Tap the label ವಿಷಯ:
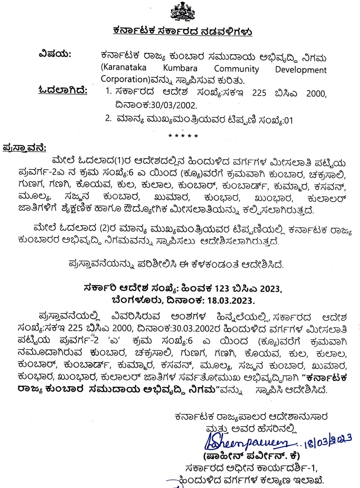(x=55, y=54)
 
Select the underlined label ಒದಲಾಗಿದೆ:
(x=63, y=90)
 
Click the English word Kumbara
(x=180, y=68)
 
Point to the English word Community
(x=236, y=69)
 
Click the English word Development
(x=301, y=70)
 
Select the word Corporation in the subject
(x=123, y=79)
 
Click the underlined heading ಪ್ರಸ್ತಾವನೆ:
(x=24, y=148)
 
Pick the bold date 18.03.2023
(x=230, y=301)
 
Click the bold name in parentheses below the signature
(x=252, y=456)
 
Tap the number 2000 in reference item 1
(x=316, y=94)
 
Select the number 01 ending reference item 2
(x=289, y=121)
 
